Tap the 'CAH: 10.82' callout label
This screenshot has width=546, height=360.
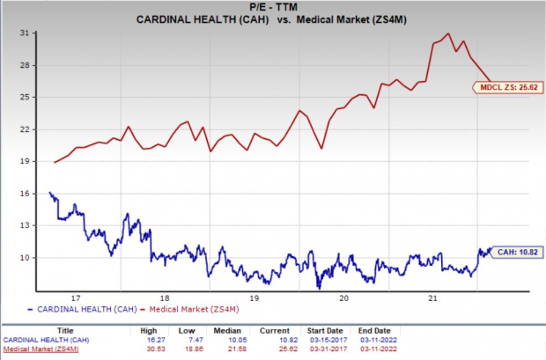(x=517, y=251)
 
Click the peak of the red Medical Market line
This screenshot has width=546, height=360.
(x=449, y=34)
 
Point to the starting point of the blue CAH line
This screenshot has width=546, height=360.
(x=49, y=192)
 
